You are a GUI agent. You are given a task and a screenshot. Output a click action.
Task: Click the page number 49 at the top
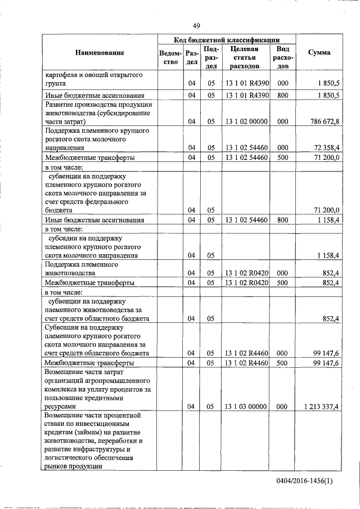coord(196,25)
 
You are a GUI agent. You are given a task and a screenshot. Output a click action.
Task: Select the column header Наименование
coord(99,53)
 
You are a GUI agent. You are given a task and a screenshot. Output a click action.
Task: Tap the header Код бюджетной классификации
coord(226,40)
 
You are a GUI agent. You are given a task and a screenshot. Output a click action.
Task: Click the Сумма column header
coord(319,53)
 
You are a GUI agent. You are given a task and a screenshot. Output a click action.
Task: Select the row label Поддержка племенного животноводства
coord(81,268)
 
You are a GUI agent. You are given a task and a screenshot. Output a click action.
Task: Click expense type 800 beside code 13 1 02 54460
coord(283,220)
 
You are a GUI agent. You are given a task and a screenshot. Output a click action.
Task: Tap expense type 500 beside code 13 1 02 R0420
coord(283,282)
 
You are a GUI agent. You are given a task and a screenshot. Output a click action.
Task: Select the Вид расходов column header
coord(283,57)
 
